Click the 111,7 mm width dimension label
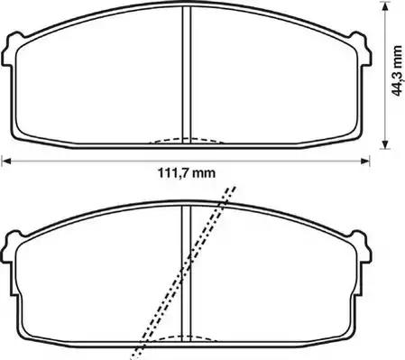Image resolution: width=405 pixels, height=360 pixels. click(x=187, y=173)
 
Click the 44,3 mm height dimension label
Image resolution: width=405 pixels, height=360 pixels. click(x=398, y=70)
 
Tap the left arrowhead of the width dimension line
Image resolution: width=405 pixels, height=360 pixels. click(x=6, y=161)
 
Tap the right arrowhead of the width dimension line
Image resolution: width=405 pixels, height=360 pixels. click(x=365, y=161)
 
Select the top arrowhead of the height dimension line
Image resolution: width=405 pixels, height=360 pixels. click(x=384, y=6)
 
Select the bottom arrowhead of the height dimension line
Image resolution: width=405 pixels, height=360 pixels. click(x=384, y=144)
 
